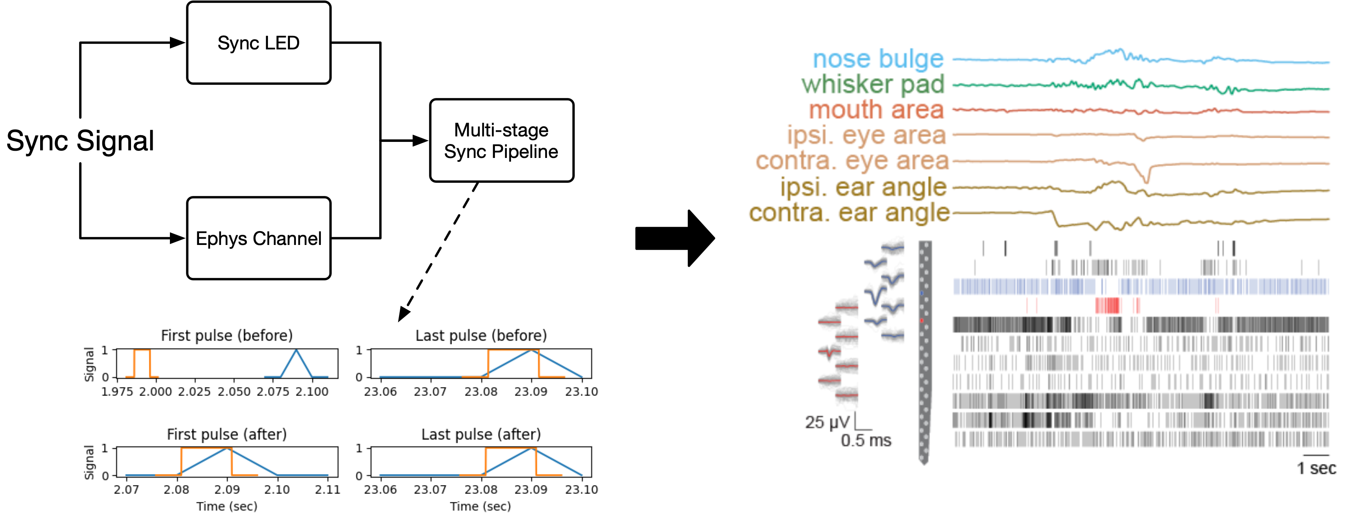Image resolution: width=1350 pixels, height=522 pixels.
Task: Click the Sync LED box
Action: [x=258, y=43]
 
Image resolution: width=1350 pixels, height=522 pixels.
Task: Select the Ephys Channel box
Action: [x=258, y=238]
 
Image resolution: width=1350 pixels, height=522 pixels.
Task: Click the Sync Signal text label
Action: [x=80, y=140]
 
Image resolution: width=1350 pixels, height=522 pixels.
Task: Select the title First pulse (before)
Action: [x=227, y=335]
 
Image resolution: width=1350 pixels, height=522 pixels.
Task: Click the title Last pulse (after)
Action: [x=481, y=434]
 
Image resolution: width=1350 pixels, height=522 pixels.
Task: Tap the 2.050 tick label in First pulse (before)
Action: [x=234, y=391]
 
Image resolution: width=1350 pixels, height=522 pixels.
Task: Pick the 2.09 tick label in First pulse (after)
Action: [x=227, y=489]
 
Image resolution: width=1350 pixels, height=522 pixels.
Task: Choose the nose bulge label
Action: [x=878, y=59]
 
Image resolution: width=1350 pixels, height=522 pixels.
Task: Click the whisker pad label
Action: [x=872, y=84]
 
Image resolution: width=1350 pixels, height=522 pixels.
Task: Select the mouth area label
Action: [x=876, y=110]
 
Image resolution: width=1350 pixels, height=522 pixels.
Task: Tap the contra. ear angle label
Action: [x=849, y=212]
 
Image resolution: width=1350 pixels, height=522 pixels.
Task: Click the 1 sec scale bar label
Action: [x=1316, y=468]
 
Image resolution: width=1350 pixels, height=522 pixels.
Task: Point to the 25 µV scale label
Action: [x=826, y=422]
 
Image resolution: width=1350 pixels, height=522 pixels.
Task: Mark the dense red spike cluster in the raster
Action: [x=1107, y=305]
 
